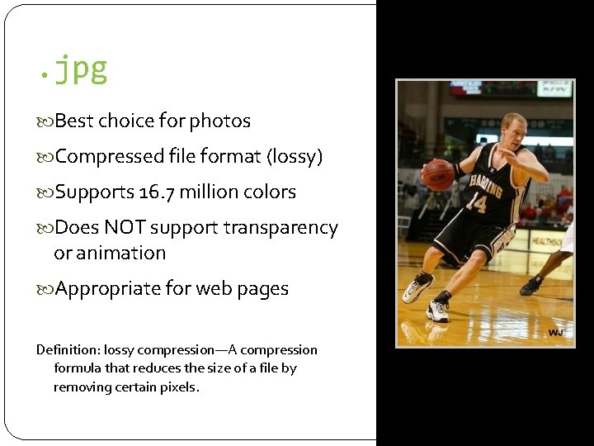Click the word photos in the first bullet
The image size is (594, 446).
point(219,121)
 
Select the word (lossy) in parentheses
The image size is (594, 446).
point(294,157)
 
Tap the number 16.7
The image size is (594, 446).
point(157,192)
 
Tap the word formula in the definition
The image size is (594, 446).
point(79,368)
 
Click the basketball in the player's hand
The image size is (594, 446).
point(438,174)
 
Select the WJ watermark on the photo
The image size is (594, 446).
point(556,332)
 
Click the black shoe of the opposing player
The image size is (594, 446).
point(530,287)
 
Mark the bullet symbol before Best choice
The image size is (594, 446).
point(45,122)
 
